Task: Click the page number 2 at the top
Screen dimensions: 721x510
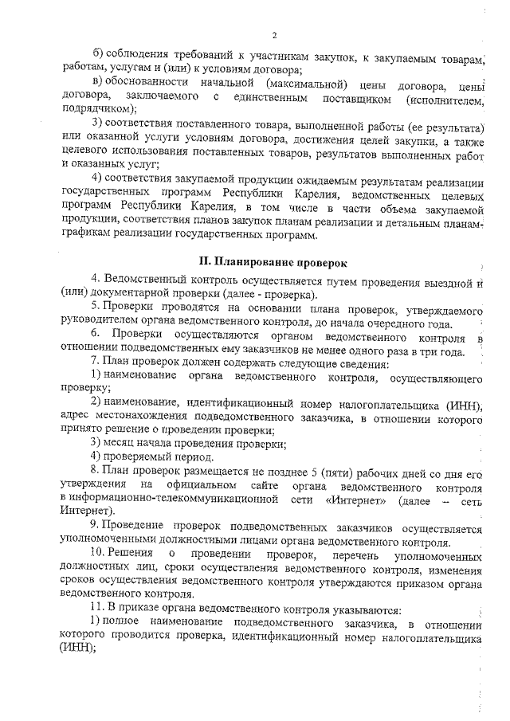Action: click(273, 35)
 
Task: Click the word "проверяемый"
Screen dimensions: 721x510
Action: click(139, 457)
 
